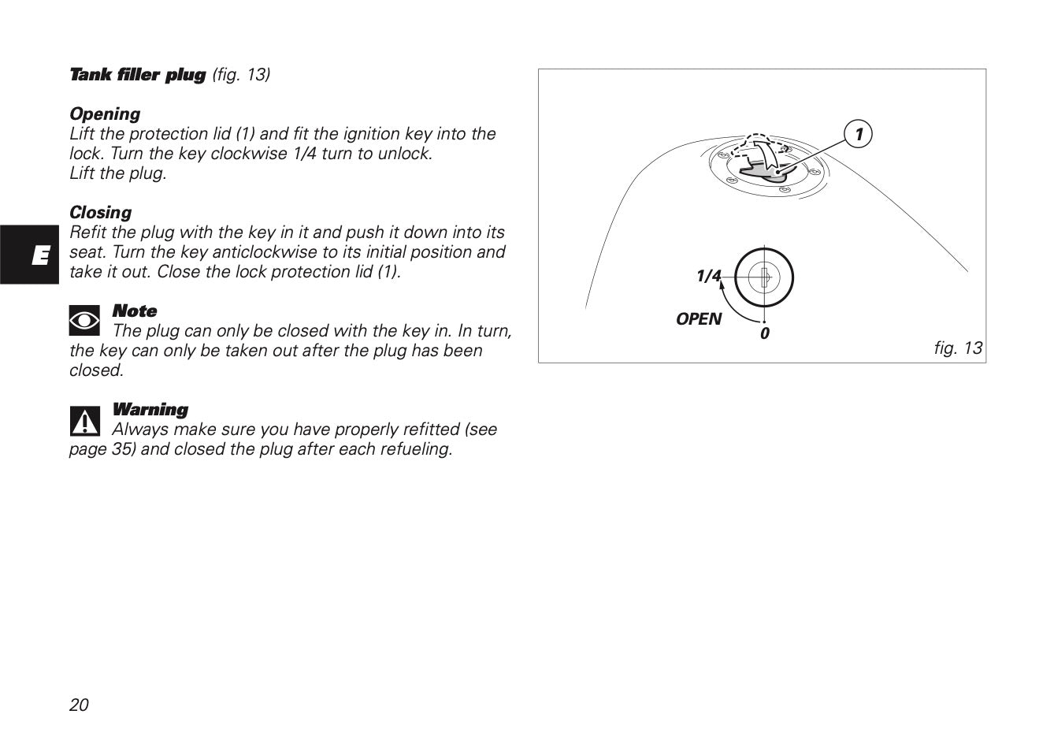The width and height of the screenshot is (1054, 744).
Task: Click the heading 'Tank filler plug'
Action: (137, 75)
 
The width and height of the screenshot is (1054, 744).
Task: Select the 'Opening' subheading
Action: (105, 114)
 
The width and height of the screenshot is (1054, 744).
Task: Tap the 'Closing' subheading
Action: (100, 212)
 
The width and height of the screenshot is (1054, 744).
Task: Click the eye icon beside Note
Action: (84, 320)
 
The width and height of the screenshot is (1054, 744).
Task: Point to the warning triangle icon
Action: (85, 421)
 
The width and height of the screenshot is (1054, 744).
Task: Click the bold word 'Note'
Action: (135, 311)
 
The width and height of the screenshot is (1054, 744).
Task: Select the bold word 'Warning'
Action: (150, 409)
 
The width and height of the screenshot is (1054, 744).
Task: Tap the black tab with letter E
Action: (29, 255)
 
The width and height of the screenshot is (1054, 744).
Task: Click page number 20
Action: (79, 705)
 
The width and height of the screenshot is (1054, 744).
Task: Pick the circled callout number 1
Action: (858, 134)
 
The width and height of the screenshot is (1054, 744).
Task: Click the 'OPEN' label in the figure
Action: (698, 319)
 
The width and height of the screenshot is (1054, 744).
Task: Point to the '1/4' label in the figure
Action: (708, 276)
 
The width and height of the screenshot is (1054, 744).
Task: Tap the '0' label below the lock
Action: (765, 333)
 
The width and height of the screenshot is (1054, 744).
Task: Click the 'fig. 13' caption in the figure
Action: (958, 348)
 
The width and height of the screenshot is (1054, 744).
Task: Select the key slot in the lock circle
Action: (765, 278)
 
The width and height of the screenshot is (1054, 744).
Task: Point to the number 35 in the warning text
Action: (121, 449)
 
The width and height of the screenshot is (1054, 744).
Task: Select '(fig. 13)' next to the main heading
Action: (241, 75)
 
